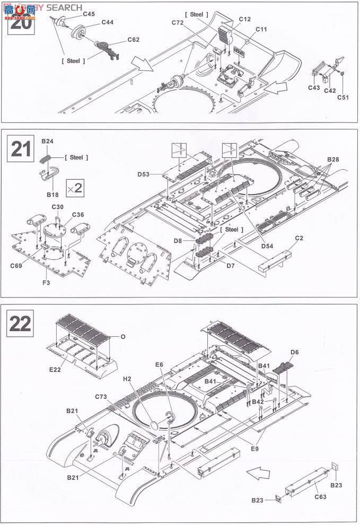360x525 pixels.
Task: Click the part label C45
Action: tap(90, 13)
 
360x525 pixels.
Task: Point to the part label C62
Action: tap(133, 39)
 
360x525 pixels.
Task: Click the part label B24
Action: tap(48, 142)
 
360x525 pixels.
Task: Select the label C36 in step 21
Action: tap(78, 214)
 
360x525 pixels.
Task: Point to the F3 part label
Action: tap(47, 283)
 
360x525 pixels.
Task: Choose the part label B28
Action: tap(333, 159)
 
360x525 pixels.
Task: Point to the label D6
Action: tap(295, 352)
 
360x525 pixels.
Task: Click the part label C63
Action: tap(320, 497)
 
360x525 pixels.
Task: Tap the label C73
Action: tap(102, 397)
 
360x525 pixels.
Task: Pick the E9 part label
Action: tap(254, 449)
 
